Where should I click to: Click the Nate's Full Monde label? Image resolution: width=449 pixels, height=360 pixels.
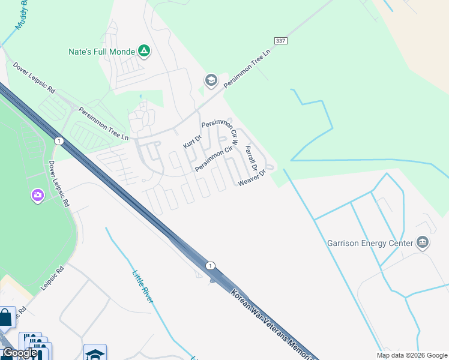(101, 52)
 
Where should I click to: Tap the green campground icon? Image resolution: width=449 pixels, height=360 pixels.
(144, 51)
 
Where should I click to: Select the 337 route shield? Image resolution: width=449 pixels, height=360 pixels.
(280, 40)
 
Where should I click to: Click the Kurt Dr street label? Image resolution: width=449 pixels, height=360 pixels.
(192, 142)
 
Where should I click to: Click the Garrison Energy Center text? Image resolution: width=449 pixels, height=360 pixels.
(370, 243)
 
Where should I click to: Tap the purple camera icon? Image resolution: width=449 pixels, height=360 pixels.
(37, 196)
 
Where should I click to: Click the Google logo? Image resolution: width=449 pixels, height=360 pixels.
(19, 353)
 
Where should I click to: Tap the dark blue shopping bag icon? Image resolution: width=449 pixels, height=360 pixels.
(5, 317)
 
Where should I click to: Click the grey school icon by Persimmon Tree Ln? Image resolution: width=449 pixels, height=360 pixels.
(211, 80)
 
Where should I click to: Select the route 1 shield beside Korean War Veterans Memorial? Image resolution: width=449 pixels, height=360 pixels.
(209, 266)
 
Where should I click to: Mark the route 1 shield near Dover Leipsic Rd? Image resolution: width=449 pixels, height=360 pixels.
(58, 141)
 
